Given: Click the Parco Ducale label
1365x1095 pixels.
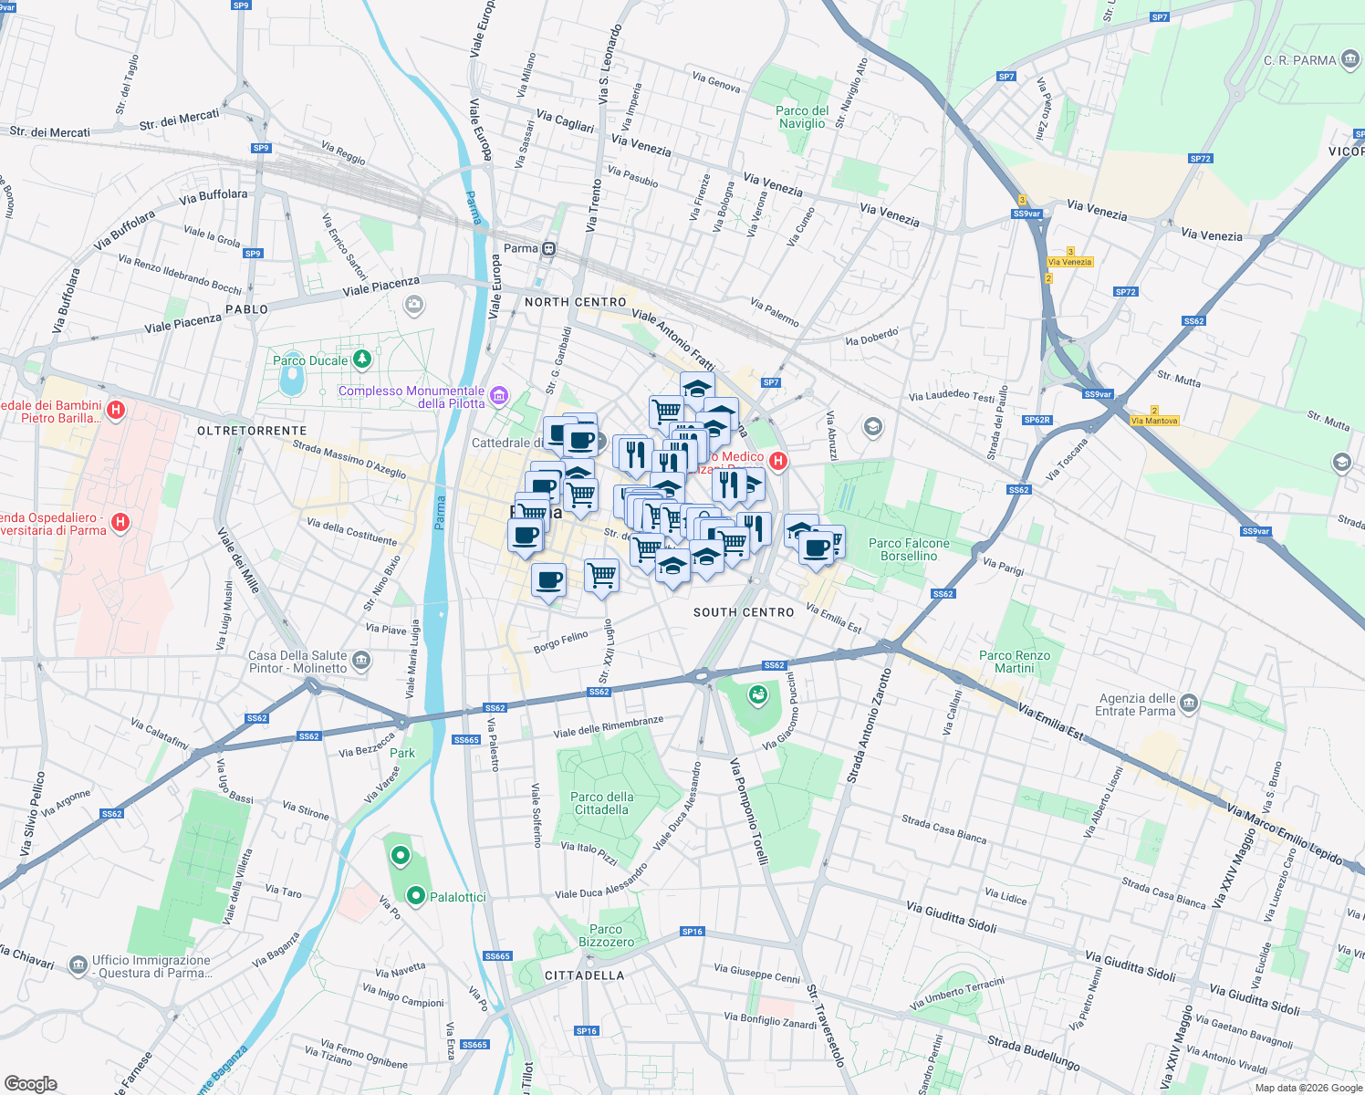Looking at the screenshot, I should (x=310, y=360).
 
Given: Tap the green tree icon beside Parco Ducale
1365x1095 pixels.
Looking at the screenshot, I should (x=362, y=359).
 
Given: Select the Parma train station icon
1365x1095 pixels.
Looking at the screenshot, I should (x=548, y=249).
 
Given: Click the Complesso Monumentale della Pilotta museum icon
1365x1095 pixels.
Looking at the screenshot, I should (x=498, y=396).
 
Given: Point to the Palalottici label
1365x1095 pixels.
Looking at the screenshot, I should (x=457, y=897).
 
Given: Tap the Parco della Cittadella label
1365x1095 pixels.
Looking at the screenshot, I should (x=601, y=803).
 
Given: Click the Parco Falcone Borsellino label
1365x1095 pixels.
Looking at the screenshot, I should (x=909, y=549).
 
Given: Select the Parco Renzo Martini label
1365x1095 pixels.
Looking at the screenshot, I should (x=1014, y=662).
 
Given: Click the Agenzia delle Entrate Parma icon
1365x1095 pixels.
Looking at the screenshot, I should (x=1188, y=703).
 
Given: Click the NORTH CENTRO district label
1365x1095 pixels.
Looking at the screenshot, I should (x=575, y=302).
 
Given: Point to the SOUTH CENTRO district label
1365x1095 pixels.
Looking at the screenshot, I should (x=744, y=612).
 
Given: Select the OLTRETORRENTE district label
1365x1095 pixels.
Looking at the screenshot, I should (x=252, y=431).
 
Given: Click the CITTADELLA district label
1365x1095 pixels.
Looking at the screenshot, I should (x=584, y=975).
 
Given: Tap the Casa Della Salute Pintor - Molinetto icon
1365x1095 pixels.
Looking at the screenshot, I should (x=361, y=661).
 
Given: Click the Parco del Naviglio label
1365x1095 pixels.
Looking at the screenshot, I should (x=802, y=117).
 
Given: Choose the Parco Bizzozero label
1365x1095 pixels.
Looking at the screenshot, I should (x=606, y=935).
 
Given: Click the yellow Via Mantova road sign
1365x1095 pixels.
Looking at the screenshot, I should (x=1154, y=421).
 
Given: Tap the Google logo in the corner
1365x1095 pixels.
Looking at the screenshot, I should (x=30, y=1083).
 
